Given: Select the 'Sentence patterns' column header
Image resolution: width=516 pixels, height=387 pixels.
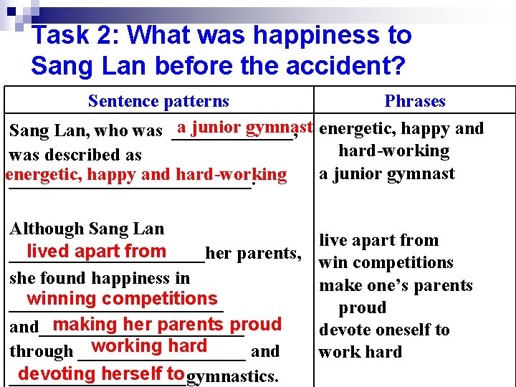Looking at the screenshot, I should (158, 102).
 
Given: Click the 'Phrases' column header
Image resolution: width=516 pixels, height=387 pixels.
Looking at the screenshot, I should (414, 102).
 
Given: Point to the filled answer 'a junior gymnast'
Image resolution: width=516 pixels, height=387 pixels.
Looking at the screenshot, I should (245, 128).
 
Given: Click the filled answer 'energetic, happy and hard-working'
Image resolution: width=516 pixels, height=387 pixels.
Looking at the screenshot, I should (145, 174).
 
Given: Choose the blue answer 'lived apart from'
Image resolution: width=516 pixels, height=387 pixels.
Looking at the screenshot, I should (96, 251).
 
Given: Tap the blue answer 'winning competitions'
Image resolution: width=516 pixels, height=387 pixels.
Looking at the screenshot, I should (122, 298).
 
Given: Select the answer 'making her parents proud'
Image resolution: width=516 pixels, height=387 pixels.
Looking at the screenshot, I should (167, 324).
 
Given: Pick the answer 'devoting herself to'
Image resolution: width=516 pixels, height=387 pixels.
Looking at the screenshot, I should (101, 373).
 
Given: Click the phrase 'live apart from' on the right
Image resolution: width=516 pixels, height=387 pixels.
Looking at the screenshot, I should (378, 241).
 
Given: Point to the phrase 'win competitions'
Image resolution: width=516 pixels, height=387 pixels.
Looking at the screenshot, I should (386, 263).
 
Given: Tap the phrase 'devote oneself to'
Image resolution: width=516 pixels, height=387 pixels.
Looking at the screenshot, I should (383, 330).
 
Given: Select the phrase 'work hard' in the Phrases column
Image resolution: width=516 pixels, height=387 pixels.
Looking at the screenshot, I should (360, 353).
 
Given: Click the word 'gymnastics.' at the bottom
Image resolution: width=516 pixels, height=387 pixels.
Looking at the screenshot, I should (232, 376).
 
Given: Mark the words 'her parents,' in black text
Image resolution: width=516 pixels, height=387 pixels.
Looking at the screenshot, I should (252, 254).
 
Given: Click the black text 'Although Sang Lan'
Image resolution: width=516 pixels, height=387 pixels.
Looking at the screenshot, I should (87, 229).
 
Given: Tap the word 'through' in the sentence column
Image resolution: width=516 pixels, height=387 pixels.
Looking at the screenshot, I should (41, 351).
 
